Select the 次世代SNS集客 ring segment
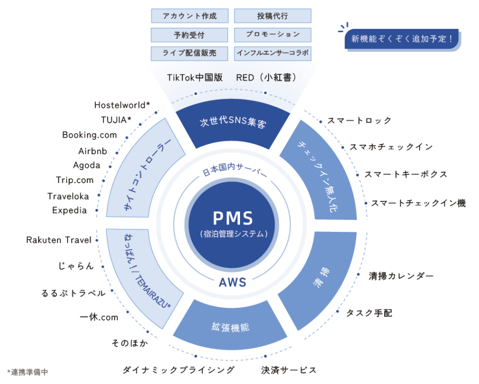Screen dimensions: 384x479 click(232, 121)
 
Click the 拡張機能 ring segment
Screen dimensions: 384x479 click(230, 327)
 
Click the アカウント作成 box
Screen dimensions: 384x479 click(190, 16)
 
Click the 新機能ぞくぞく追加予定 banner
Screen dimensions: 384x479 click(401, 39)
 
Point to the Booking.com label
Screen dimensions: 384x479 click(89, 135)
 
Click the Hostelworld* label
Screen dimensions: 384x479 click(122, 105)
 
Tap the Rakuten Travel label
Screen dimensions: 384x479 click(58, 240)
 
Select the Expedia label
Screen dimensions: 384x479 click(70, 210)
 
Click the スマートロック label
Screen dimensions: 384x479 click(360, 120)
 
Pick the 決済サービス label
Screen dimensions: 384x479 click(289, 370)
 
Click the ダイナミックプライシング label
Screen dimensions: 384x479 click(178, 370)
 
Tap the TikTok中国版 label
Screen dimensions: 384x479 click(195, 78)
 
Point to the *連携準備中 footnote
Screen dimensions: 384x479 click(28, 372)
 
